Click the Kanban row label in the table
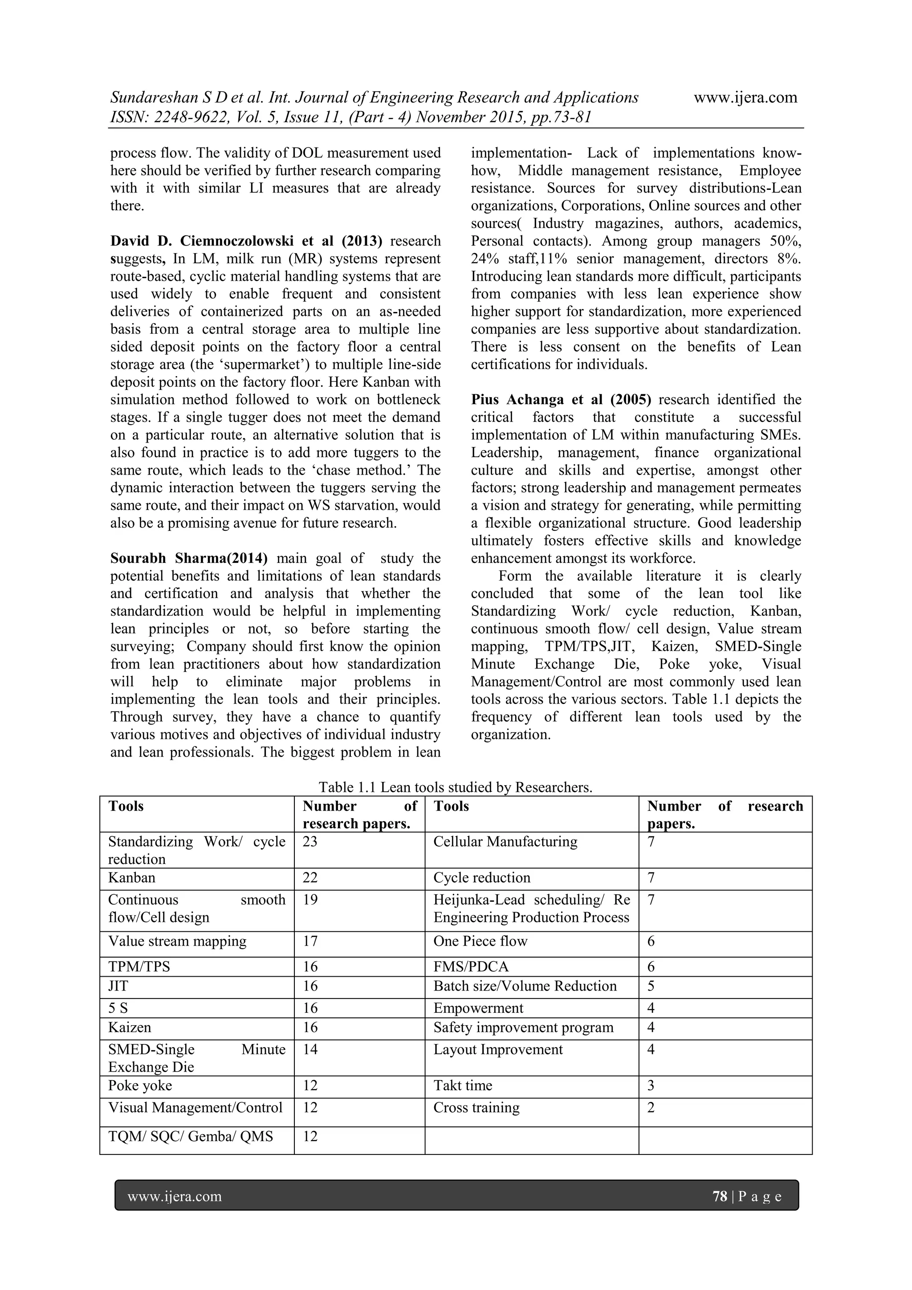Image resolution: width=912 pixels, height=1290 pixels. click(x=131, y=878)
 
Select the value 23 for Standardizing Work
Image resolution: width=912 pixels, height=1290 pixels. click(x=310, y=842)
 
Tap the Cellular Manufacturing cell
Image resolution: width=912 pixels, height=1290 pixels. click(x=505, y=842)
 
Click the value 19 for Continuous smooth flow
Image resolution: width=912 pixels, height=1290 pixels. click(x=310, y=900)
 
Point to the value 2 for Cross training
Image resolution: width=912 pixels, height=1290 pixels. click(x=651, y=1107)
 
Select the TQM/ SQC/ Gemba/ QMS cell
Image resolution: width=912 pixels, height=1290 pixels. click(x=191, y=1136)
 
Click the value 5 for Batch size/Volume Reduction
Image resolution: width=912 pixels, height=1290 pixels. click(x=651, y=986)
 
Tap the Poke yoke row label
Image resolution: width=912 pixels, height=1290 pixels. click(x=140, y=1085)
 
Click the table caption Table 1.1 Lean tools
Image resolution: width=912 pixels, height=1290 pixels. click(x=456, y=787)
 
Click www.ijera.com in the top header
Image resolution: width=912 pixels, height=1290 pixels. click(x=745, y=98)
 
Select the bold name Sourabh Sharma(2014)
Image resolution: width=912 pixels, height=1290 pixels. click(x=189, y=558)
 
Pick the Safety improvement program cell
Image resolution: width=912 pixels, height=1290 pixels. click(x=523, y=1028)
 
